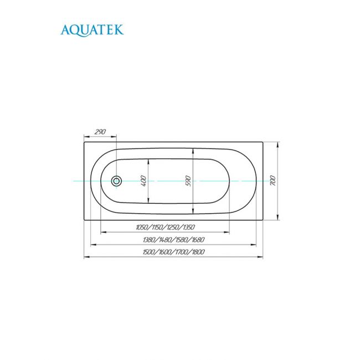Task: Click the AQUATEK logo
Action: coord(92,30)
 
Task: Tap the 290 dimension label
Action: coord(100,132)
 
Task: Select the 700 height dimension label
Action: coord(272,181)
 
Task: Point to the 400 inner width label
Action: coord(143,181)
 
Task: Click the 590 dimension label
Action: coord(188,181)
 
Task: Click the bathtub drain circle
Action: coord(116,181)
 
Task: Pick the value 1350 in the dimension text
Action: coord(188,227)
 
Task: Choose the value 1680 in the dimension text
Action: coord(198,240)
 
